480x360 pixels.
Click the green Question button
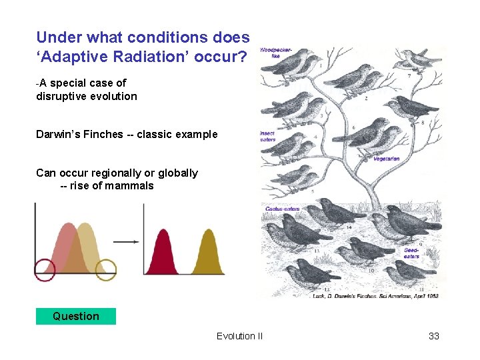(x=75, y=316)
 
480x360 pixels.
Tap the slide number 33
(x=433, y=336)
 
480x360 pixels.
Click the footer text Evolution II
(x=239, y=336)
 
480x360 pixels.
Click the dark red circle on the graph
(x=45, y=269)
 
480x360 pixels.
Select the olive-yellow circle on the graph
(x=105, y=269)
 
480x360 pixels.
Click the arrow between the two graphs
(x=126, y=242)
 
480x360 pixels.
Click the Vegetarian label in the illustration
(x=386, y=159)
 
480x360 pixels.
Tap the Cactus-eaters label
(x=282, y=209)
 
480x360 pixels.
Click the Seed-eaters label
(x=411, y=253)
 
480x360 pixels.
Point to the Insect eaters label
(x=267, y=137)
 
